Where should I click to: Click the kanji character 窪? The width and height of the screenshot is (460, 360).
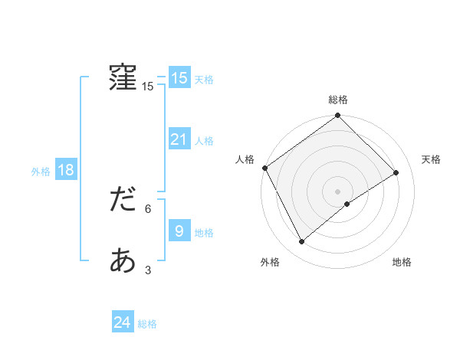click(x=123, y=77)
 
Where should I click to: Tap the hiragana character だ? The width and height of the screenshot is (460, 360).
click(x=123, y=200)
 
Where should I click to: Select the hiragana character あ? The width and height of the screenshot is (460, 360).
click(x=123, y=261)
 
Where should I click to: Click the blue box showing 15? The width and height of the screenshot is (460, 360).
click(x=179, y=78)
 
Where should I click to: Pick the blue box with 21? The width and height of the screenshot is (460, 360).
click(x=179, y=139)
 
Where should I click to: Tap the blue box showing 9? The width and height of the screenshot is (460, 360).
click(x=179, y=231)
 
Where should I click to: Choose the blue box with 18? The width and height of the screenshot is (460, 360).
click(x=65, y=170)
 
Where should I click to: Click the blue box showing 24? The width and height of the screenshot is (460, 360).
click(x=122, y=323)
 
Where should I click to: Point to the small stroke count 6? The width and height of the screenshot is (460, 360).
click(x=148, y=208)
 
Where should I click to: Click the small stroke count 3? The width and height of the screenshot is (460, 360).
click(x=148, y=270)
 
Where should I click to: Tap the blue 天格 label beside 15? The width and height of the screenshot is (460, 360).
click(x=204, y=80)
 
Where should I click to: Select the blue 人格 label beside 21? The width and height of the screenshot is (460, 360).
click(x=204, y=141)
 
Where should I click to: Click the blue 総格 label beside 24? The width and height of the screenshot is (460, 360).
click(x=147, y=325)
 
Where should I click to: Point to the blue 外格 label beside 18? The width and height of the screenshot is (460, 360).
click(x=41, y=172)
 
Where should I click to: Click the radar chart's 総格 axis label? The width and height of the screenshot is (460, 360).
click(x=338, y=100)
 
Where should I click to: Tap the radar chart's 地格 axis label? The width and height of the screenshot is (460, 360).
click(x=402, y=263)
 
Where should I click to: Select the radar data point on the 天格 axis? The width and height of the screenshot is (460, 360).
click(x=396, y=172)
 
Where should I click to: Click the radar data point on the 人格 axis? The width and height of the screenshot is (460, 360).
click(x=264, y=168)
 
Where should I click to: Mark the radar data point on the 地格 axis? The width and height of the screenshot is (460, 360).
click(x=347, y=204)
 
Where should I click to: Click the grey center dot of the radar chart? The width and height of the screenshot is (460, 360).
click(x=337, y=191)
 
